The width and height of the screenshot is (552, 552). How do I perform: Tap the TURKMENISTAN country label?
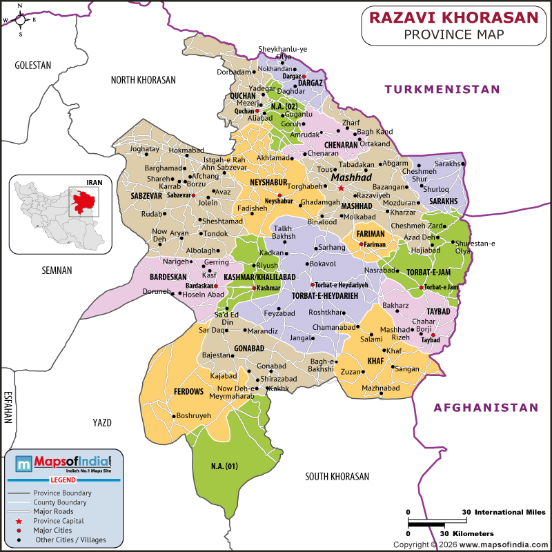coord(442,89)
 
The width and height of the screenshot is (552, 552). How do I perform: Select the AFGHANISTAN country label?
coord(485,408)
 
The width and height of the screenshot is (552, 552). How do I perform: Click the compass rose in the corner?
coord(21,19)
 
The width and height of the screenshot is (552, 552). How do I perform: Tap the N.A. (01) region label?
coord(224,466)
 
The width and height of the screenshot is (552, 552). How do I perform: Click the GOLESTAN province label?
coord(33,65)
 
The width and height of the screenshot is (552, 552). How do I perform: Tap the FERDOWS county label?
coord(189,391)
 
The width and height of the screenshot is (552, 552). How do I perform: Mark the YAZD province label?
coord(101,422)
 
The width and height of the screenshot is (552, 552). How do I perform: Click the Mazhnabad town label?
coord(381,388)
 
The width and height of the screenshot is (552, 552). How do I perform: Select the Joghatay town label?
coord(144,148)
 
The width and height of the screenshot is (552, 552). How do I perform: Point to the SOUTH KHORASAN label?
coord(337,476)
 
